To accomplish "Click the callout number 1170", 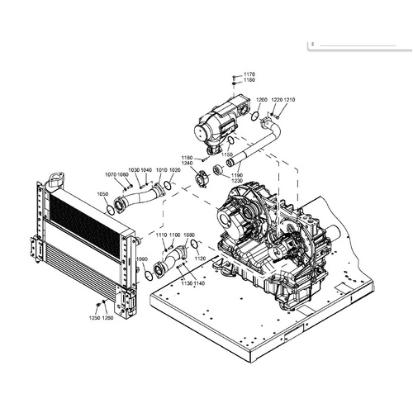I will (249, 74).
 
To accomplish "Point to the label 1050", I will (102, 194).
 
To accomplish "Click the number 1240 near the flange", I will (188, 163).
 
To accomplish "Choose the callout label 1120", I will (199, 259).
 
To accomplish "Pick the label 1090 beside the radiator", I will (141, 259).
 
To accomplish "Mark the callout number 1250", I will (94, 318).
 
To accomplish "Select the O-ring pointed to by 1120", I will (195, 245).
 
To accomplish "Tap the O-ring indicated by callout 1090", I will (149, 275).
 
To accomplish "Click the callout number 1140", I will (200, 283).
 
